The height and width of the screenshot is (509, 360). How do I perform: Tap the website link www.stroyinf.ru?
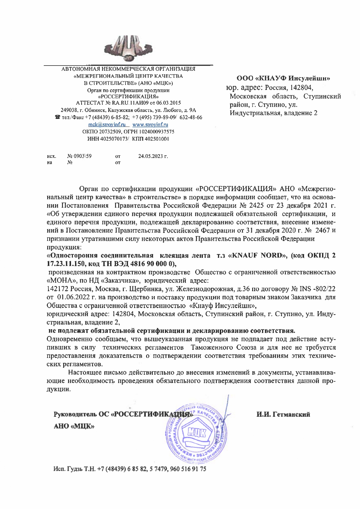[x=150, y=125]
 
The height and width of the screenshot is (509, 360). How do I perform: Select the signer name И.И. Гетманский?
[x=283, y=414]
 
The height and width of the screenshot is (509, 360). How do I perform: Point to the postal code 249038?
[x=68, y=110]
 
